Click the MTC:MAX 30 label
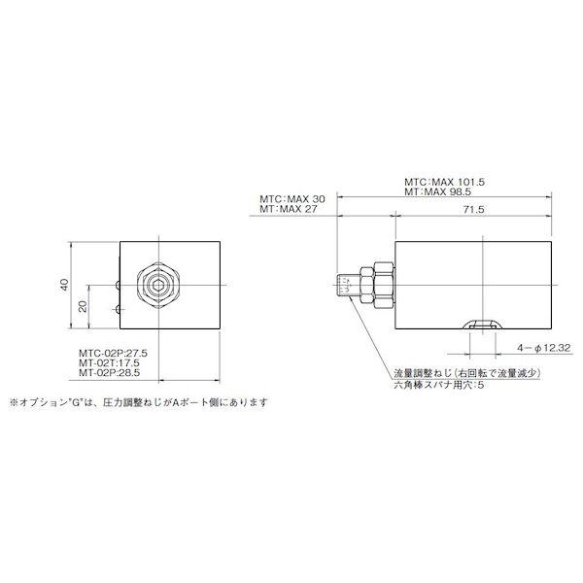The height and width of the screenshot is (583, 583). tap(291, 197)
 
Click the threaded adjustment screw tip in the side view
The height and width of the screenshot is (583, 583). tap(343, 285)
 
